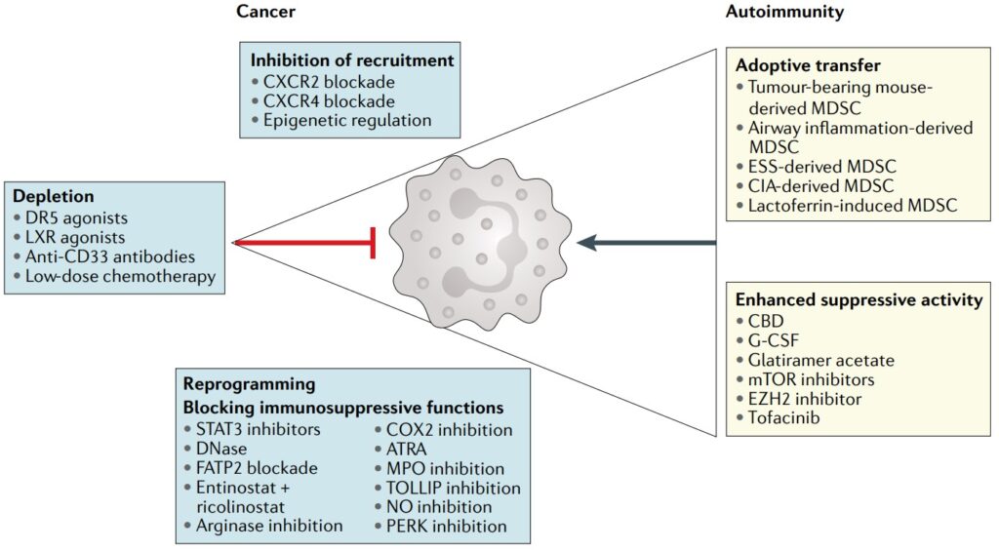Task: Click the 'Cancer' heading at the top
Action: click(265, 12)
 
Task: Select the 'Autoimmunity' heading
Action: click(785, 12)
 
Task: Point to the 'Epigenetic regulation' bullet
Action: click(347, 121)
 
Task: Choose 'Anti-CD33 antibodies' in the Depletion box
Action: click(110, 256)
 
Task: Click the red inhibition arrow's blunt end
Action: click(373, 242)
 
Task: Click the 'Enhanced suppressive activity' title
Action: click(859, 300)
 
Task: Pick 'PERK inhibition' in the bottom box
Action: click(447, 527)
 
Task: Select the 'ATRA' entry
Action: click(409, 449)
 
